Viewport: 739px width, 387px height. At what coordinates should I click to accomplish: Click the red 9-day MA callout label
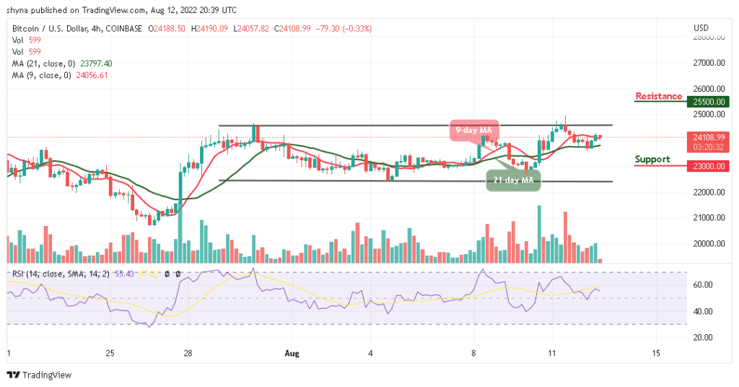[x=473, y=130]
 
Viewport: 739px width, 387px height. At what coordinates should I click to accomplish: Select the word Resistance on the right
[x=658, y=97]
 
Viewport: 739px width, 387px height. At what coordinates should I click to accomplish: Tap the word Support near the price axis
[x=652, y=160]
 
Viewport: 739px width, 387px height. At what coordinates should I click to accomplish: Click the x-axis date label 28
[x=188, y=353]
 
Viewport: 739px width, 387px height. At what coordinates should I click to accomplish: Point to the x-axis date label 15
[x=656, y=353]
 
